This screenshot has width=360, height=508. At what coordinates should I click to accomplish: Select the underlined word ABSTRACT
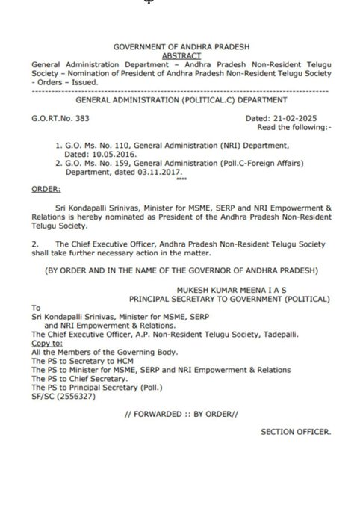point(179,55)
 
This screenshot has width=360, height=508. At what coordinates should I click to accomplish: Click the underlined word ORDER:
point(46,190)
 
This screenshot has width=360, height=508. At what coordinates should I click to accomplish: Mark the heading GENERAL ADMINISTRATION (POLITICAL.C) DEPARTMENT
point(179,100)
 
